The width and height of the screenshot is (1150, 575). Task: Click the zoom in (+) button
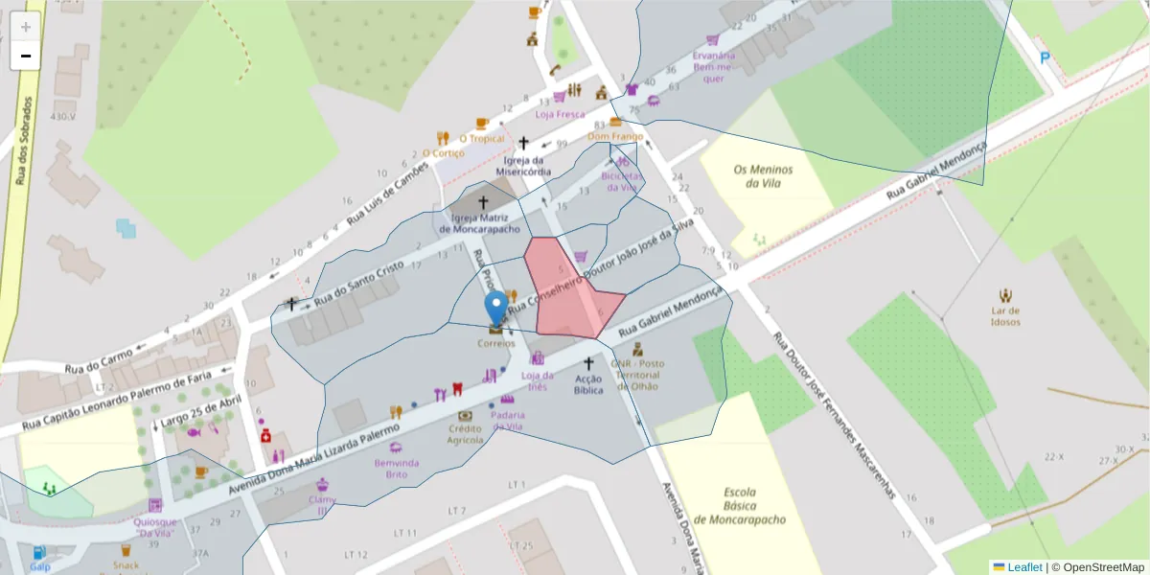pos(26,26)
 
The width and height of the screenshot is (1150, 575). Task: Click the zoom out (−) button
pos(26,56)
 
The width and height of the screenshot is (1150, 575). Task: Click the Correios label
pos(496,343)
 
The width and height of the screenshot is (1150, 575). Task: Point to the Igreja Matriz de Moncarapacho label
pos(479,224)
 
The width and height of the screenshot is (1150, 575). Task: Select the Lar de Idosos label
pos(1005,316)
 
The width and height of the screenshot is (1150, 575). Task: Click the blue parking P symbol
pos(1045,57)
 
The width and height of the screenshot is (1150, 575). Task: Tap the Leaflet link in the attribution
pos(1024,567)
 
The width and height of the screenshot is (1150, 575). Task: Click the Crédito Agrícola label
pos(465,434)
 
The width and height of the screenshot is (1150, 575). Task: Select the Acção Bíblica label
pos(588,384)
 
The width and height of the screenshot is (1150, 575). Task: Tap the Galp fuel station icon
pos(39,553)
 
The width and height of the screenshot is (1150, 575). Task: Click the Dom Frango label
pos(614,137)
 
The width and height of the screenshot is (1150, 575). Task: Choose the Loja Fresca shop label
pos(560,114)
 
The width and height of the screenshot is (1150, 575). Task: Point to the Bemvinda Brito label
pos(396,469)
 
